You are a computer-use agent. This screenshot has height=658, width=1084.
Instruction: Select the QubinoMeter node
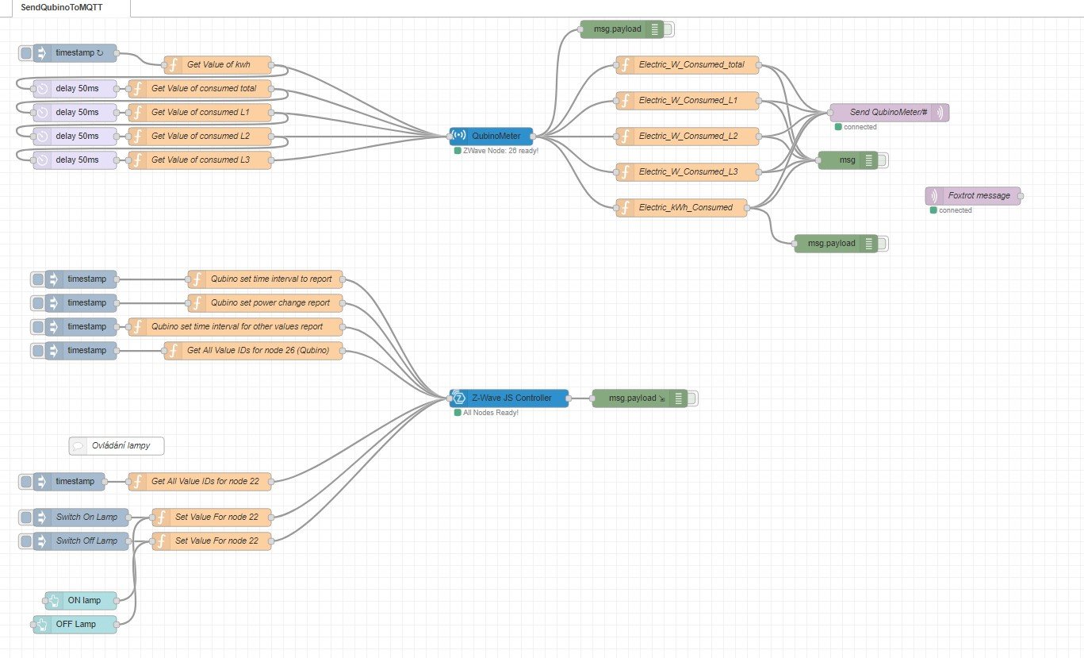point(492,136)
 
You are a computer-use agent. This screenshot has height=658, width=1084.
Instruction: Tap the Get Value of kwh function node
point(218,64)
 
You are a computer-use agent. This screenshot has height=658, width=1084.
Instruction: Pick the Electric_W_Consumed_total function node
point(687,64)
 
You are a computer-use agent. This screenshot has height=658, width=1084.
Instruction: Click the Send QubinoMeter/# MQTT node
point(888,113)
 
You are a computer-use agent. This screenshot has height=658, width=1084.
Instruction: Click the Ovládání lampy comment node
point(117,446)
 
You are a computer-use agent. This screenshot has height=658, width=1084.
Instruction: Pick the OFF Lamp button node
point(76,624)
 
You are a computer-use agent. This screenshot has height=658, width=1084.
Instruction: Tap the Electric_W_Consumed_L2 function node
point(687,137)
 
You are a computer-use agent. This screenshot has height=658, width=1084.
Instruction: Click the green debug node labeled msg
point(847,160)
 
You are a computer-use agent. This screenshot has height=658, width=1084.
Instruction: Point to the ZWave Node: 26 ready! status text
point(500,150)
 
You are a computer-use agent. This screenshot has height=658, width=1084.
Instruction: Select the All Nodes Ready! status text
point(491,413)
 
